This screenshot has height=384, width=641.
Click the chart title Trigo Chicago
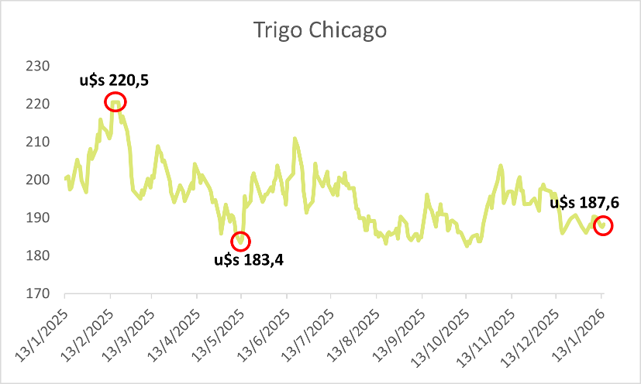[319, 31]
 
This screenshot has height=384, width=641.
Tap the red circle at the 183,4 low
[241, 241]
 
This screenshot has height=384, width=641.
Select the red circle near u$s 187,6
[603, 226]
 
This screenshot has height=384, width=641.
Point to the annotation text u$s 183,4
[249, 260]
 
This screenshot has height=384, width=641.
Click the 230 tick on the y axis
[38, 67]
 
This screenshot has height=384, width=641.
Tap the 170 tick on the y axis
[38, 294]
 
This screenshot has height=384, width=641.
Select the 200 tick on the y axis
[38, 180]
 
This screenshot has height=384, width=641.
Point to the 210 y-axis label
[38, 142]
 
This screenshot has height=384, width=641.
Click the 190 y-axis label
[38, 218]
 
